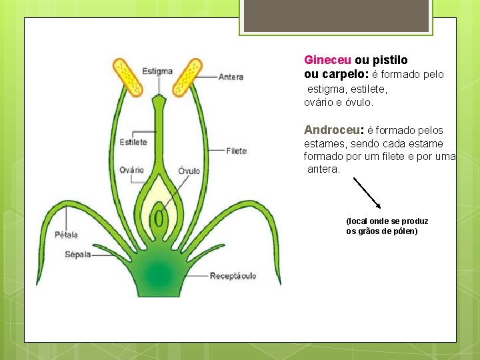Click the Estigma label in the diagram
[x=157, y=71]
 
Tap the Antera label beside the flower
[x=231, y=77]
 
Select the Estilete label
[x=133, y=142]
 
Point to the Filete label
[x=236, y=151]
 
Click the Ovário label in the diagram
[x=131, y=170]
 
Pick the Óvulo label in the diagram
[x=189, y=171]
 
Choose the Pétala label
[x=67, y=234]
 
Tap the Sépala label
[x=78, y=254]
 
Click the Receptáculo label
[x=233, y=276]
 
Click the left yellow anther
[x=129, y=78]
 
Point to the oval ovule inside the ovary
[x=159, y=218]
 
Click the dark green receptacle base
[x=158, y=273]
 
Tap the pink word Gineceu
[x=327, y=60]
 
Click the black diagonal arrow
[x=367, y=193]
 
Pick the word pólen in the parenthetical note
[x=405, y=231]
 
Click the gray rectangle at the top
[x=335, y=16]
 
